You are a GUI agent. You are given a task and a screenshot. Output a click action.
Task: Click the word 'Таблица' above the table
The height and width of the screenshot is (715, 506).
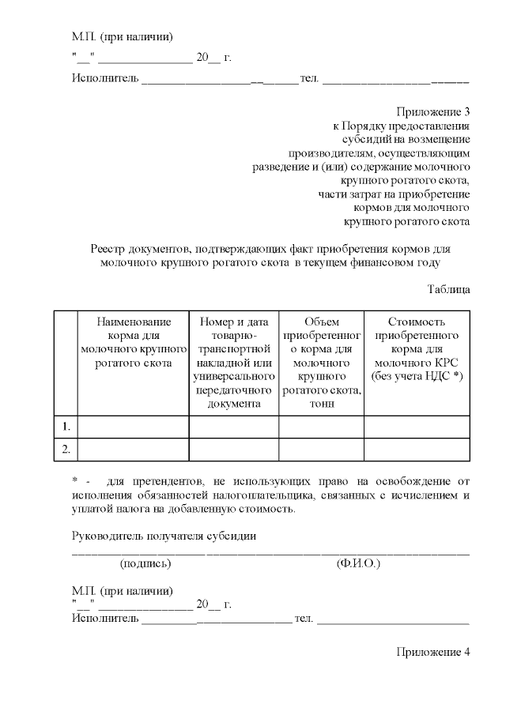coord(448,289)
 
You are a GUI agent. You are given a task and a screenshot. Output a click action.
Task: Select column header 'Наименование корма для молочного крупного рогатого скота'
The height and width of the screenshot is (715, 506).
coord(133,343)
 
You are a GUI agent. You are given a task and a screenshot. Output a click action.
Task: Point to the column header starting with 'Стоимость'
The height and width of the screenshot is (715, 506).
coord(417,348)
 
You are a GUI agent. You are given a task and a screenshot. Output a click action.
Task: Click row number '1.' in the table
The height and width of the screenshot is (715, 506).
coord(66,427)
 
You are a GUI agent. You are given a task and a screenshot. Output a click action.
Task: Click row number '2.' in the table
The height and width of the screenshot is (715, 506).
coord(66,449)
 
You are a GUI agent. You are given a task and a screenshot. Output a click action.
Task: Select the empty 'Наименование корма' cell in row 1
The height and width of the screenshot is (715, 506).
coord(133,427)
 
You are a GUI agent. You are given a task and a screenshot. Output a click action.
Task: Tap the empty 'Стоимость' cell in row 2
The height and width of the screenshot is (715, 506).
coord(417,449)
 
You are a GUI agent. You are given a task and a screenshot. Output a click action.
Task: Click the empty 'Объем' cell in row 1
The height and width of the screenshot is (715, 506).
coord(321,427)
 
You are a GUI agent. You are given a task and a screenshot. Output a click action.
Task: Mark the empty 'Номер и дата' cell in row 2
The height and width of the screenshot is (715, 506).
coord(234,449)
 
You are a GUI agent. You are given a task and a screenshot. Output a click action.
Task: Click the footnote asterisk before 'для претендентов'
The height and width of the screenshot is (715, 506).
coord(75,481)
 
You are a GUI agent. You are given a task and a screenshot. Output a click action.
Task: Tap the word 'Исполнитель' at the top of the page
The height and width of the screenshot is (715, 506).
coord(105,78)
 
